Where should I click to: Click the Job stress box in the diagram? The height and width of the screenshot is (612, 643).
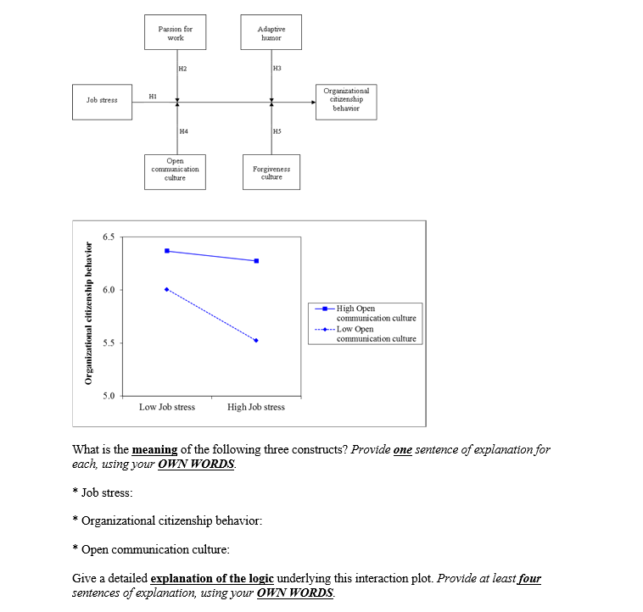[102, 100]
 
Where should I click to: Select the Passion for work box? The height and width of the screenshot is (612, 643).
[175, 33]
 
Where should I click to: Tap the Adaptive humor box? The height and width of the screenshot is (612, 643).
[271, 33]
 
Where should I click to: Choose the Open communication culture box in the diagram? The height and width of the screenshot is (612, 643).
[175, 169]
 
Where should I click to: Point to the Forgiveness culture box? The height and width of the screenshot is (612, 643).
[271, 172]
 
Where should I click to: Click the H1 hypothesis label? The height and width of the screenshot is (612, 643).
[153, 96]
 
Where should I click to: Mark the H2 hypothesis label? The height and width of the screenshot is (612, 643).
[183, 68]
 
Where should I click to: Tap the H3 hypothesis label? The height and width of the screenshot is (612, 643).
[277, 68]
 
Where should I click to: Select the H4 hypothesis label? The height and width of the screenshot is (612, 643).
[183, 131]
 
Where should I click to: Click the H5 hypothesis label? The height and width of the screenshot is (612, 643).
[277, 131]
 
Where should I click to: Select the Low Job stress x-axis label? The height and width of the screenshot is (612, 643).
[167, 407]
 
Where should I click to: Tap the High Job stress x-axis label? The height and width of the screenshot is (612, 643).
[256, 407]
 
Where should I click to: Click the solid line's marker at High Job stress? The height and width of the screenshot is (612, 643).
[256, 260]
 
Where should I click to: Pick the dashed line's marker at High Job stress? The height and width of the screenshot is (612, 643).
[256, 341]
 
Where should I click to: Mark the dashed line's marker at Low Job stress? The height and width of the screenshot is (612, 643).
[167, 289]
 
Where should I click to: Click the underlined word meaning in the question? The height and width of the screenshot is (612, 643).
[154, 449]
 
